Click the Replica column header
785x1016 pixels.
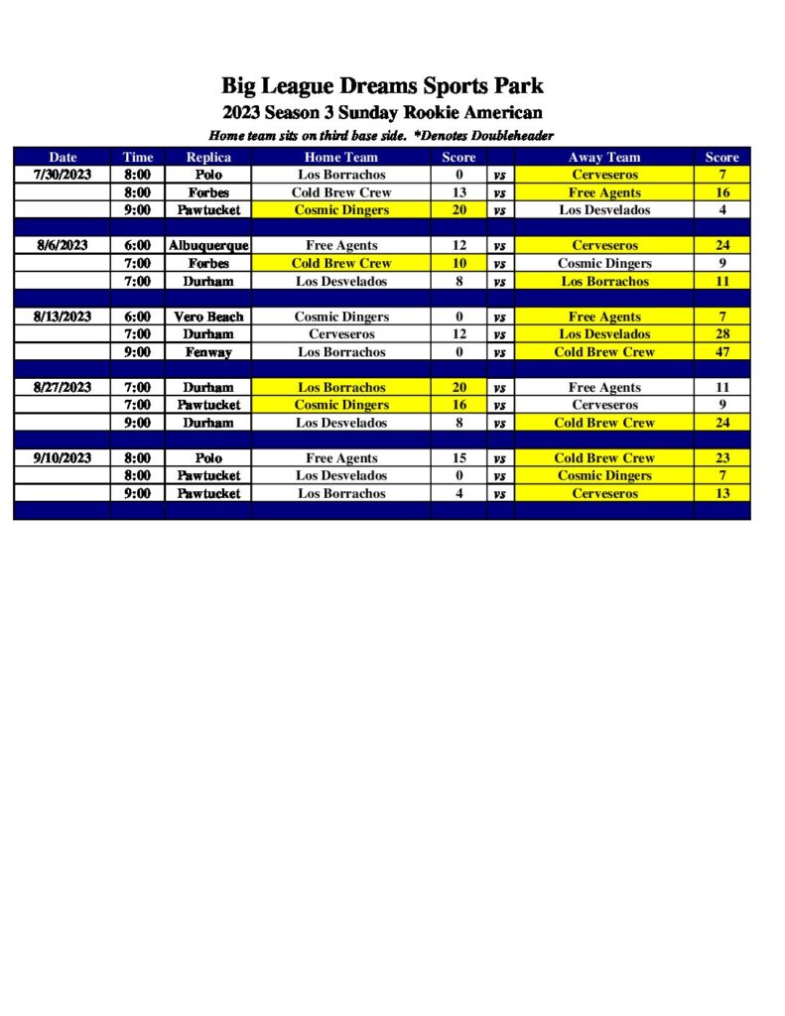point(208,157)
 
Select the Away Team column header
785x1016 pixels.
point(603,157)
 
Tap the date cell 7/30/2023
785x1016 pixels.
point(63,175)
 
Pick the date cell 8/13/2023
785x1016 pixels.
point(63,317)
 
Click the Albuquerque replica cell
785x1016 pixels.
point(208,245)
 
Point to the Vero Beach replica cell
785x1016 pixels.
point(208,317)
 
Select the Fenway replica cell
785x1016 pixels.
point(208,352)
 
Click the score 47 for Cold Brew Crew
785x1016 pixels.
point(721,352)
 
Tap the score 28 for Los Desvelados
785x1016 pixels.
point(721,334)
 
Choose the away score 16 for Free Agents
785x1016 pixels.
point(721,192)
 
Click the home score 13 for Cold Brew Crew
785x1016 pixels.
point(458,192)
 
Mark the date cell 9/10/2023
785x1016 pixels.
point(63,458)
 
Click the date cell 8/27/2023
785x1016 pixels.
point(63,387)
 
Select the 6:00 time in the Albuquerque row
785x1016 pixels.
point(138,245)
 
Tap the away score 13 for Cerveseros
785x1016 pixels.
point(721,493)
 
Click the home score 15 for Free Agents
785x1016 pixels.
point(458,458)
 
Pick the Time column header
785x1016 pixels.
point(138,157)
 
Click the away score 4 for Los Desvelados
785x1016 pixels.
point(721,210)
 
